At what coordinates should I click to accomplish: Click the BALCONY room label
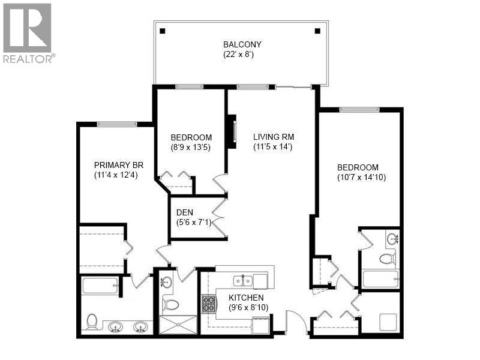(242, 44)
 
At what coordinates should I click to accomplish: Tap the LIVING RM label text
(273, 136)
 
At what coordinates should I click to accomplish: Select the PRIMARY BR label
(116, 165)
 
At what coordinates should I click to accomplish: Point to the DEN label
(184, 212)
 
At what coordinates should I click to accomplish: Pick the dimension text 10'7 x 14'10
(358, 178)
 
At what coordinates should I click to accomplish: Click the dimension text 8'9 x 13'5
(190, 146)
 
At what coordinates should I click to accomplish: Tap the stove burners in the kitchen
(209, 304)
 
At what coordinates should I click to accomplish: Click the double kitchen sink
(243, 280)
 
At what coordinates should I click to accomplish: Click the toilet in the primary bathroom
(92, 322)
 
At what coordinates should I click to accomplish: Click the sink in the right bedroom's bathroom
(393, 239)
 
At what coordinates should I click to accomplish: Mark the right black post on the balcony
(318, 31)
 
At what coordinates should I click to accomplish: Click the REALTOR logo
(27, 33)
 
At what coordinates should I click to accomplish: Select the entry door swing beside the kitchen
(296, 322)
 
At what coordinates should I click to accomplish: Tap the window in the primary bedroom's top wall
(116, 124)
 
